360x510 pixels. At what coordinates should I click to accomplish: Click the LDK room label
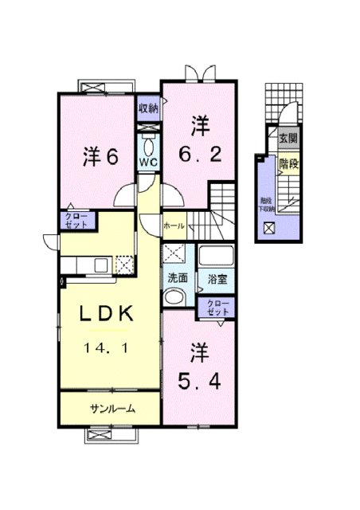point(112,316)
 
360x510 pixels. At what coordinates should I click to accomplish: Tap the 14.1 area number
point(112,347)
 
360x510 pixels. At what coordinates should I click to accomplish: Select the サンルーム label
point(112,409)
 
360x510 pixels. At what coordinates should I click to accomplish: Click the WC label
point(148,161)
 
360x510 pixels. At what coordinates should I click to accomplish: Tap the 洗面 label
point(178,279)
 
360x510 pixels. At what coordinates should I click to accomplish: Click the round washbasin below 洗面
point(175,298)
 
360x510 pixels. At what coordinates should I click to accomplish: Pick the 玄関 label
point(288,139)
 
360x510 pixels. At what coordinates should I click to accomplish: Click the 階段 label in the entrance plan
point(288,163)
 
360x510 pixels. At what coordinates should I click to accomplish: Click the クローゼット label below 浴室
point(217,308)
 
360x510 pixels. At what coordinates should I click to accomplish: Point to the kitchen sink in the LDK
point(101,265)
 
